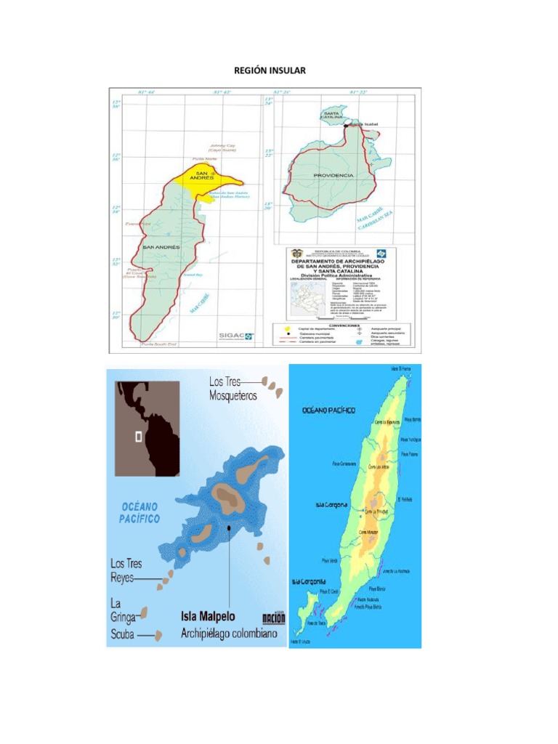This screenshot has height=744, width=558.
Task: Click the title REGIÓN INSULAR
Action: pyautogui.click(x=270, y=70)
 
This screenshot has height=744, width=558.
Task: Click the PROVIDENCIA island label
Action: pyautogui.click(x=333, y=175)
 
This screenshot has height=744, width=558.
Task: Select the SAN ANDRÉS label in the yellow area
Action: pyautogui.click(x=201, y=175)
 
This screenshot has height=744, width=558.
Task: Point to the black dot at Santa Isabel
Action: pyautogui.click(x=347, y=126)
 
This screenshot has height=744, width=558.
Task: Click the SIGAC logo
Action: pyautogui.click(x=236, y=335)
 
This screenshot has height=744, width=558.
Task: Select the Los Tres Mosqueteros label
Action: pyautogui.click(x=234, y=389)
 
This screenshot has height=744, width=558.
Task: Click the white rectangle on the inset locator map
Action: pyautogui.click(x=138, y=437)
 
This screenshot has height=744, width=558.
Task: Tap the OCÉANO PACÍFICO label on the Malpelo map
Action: pyautogui.click(x=139, y=511)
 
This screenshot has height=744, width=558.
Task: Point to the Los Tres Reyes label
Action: pyautogui.click(x=126, y=570)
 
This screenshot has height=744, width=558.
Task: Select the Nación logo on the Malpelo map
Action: pyautogui.click(x=273, y=618)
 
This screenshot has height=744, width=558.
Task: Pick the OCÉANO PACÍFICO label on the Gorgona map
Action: pyautogui.click(x=329, y=411)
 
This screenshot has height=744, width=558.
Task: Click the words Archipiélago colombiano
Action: pyautogui.click(x=229, y=634)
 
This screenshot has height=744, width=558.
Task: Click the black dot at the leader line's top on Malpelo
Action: pyautogui.click(x=229, y=527)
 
